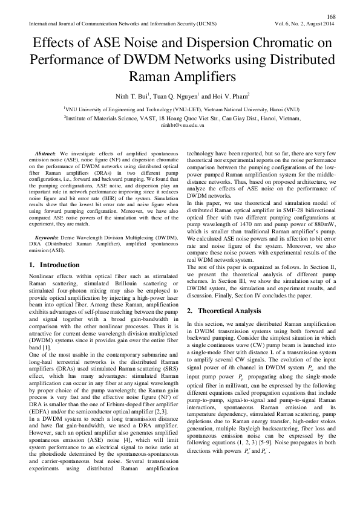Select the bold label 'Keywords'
(x=48, y=239)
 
